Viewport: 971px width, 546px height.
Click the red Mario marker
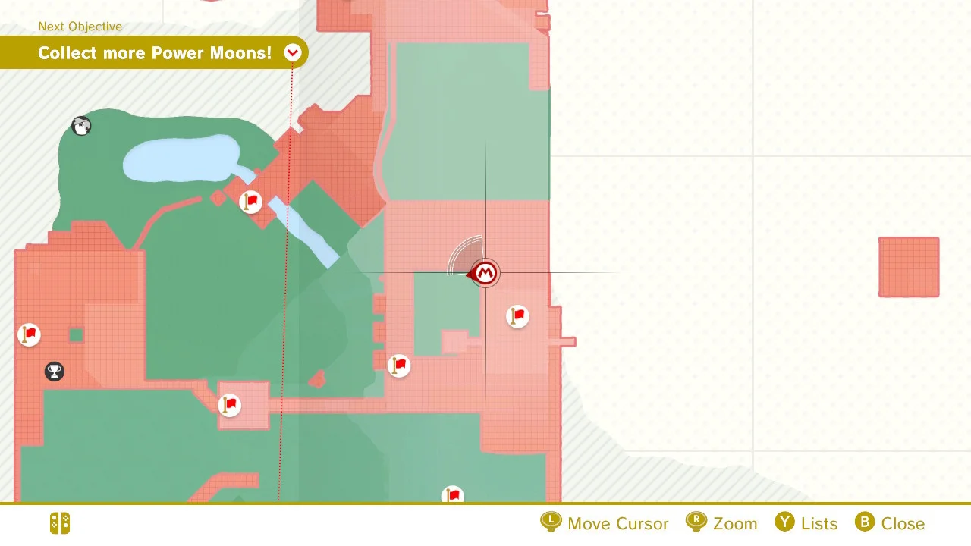(x=485, y=273)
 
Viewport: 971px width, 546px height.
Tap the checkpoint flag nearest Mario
(x=517, y=315)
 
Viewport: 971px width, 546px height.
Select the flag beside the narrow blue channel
(x=250, y=202)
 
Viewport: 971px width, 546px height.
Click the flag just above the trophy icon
(x=29, y=334)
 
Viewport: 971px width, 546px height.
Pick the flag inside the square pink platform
(x=229, y=405)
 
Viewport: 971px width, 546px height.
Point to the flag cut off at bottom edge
(x=453, y=495)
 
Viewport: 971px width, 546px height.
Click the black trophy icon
(x=54, y=372)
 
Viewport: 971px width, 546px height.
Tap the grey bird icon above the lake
(x=81, y=126)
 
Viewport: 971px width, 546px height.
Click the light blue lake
(x=178, y=157)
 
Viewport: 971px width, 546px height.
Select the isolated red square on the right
(x=909, y=267)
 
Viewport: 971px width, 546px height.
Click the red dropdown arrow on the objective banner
(x=293, y=52)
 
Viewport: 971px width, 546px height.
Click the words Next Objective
(x=80, y=27)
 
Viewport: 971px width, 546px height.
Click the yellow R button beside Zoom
(x=696, y=522)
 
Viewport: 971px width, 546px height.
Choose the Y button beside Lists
(x=784, y=522)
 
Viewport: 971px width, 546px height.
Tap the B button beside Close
(x=865, y=522)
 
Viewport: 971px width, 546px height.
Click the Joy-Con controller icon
(x=60, y=523)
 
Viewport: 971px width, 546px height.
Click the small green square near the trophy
(x=76, y=335)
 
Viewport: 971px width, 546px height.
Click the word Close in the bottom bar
(x=903, y=524)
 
